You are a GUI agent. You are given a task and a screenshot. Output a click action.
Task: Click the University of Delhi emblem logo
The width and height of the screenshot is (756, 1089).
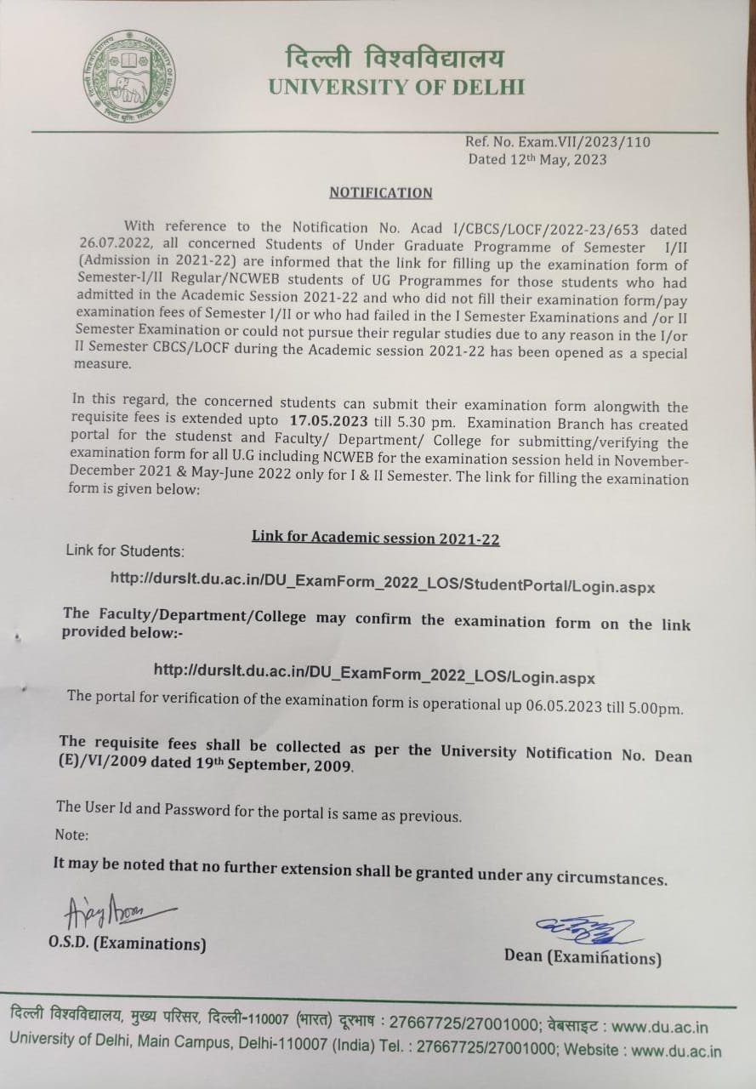click(128, 77)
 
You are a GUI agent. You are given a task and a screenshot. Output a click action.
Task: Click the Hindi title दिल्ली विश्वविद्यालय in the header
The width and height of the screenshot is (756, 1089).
click(395, 59)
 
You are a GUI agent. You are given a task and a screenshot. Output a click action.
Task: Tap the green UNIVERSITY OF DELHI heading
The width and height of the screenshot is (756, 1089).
click(396, 87)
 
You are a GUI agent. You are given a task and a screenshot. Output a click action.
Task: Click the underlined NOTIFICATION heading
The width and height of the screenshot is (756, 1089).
click(380, 192)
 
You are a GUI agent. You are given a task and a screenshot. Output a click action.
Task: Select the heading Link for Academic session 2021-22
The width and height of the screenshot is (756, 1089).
click(375, 538)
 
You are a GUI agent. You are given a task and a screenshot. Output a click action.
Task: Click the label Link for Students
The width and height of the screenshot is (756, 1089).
click(124, 551)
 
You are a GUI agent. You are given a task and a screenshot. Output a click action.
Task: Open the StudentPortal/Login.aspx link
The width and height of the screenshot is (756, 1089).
click(382, 583)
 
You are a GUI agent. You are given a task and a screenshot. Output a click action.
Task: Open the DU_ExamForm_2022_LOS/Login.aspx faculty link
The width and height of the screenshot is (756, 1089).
click(374, 673)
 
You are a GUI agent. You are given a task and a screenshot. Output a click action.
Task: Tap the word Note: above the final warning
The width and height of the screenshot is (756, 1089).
click(71, 835)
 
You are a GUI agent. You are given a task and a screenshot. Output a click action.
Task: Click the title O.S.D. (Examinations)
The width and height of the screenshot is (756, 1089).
click(127, 944)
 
